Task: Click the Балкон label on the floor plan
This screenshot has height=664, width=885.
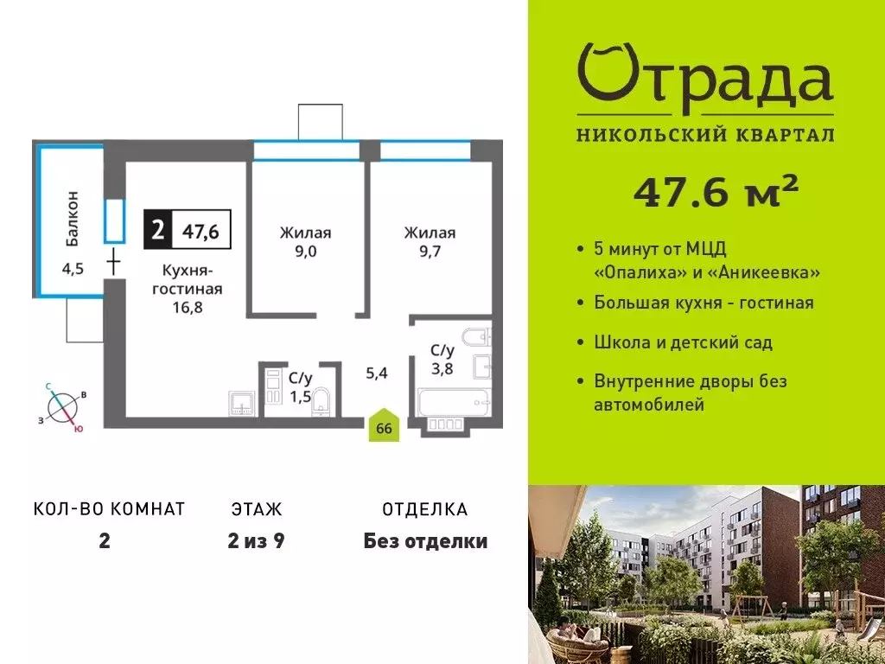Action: [73, 214]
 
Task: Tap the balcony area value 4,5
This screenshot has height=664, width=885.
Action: [73, 266]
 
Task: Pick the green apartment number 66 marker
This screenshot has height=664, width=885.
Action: [385, 426]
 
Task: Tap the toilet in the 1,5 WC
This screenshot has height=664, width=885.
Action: [322, 400]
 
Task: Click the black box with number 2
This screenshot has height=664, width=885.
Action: [157, 230]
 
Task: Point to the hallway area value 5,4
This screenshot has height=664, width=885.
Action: [377, 373]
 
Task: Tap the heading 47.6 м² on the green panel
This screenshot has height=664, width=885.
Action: [716, 192]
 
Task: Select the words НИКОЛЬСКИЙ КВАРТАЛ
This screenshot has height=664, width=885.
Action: [704, 135]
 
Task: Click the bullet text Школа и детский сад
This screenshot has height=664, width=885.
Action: [683, 342]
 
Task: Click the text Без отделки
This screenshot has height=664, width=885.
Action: [425, 542]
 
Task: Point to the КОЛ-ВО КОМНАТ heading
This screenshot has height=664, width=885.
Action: [110, 509]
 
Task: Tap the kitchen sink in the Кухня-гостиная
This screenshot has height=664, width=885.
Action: [241, 404]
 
